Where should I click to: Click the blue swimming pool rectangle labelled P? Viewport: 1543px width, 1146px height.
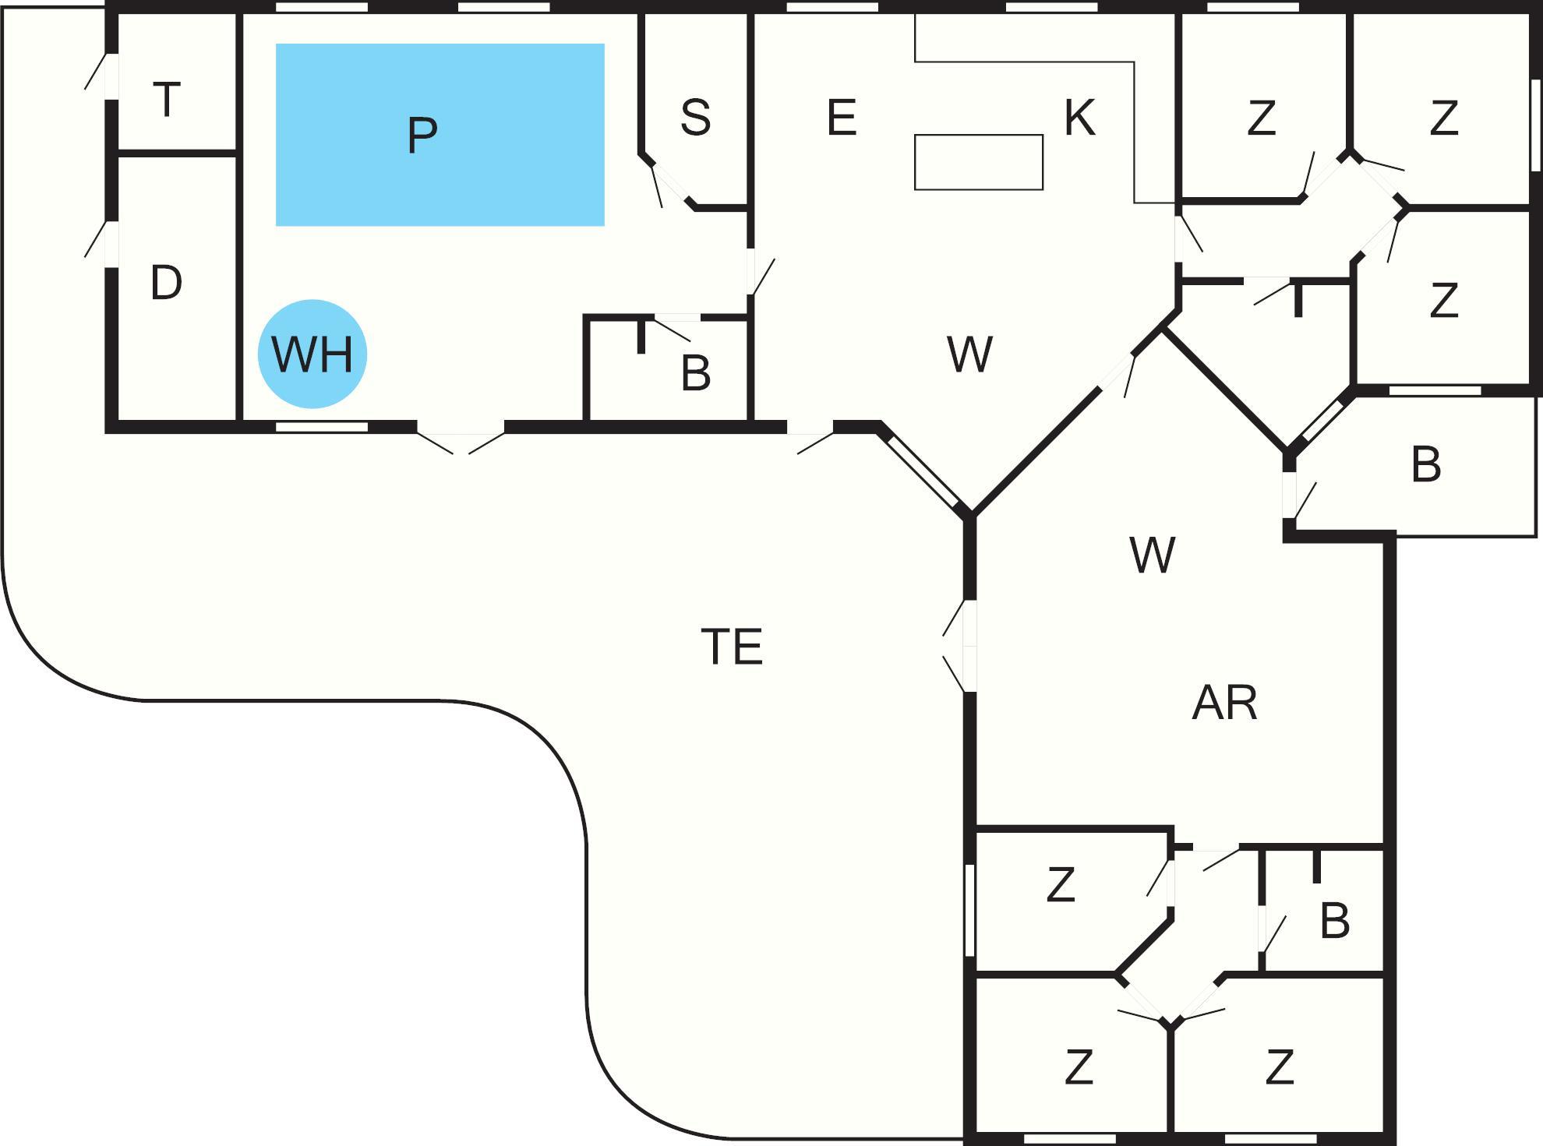coord(440,135)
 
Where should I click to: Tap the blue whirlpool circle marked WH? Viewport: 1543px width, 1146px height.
coord(312,354)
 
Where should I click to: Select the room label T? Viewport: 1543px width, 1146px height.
coord(167,100)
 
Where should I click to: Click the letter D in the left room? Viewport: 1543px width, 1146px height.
coord(166,283)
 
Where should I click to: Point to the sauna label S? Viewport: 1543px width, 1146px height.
coord(695,118)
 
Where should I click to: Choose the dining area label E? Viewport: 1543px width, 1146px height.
coord(842,118)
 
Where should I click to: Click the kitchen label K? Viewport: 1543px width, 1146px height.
coord(1080,118)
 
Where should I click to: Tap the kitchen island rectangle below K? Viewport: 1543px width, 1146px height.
coord(979,162)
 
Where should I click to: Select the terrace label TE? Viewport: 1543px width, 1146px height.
coord(732,646)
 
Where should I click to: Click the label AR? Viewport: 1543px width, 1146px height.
coord(1224,703)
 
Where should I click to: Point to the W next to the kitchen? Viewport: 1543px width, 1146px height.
coord(970,354)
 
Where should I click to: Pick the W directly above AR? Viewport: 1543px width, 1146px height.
coord(1152,555)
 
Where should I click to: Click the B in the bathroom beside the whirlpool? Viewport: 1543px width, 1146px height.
coord(695,373)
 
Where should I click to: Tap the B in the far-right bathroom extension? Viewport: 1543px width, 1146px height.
coord(1425,465)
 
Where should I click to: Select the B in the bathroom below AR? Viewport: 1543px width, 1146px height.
coord(1334,921)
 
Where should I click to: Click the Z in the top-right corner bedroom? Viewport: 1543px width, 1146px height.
coord(1443,118)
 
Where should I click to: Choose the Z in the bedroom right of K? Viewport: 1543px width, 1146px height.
coord(1261,118)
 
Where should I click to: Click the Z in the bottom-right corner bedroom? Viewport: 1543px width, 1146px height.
coord(1280,1067)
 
